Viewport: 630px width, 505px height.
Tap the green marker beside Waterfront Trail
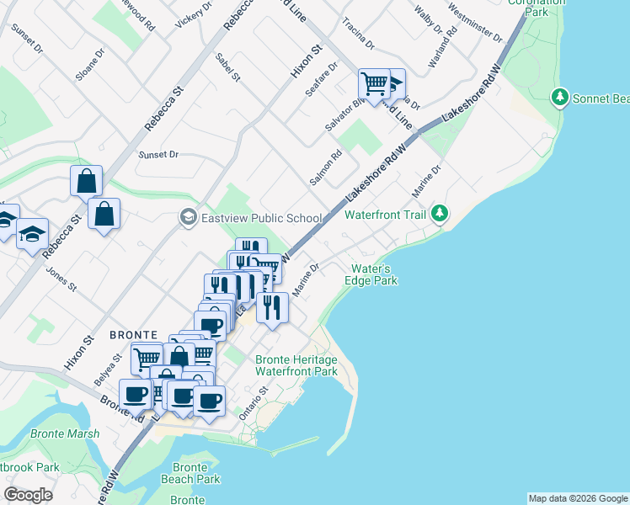point(439,215)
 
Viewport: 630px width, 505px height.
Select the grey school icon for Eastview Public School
point(188,218)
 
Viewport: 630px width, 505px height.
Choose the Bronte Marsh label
point(65,434)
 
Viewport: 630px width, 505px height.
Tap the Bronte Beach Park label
point(190,473)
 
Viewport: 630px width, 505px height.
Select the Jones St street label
point(61,280)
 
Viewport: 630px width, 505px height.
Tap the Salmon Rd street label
point(325,167)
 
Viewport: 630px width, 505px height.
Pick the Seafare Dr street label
point(321,78)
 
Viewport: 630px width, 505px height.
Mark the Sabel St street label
point(227,66)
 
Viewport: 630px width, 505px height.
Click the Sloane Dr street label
point(90,64)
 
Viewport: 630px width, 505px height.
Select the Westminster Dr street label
point(476,26)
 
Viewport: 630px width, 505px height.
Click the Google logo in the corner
point(29,495)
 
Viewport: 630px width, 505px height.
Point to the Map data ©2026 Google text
point(577,498)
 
